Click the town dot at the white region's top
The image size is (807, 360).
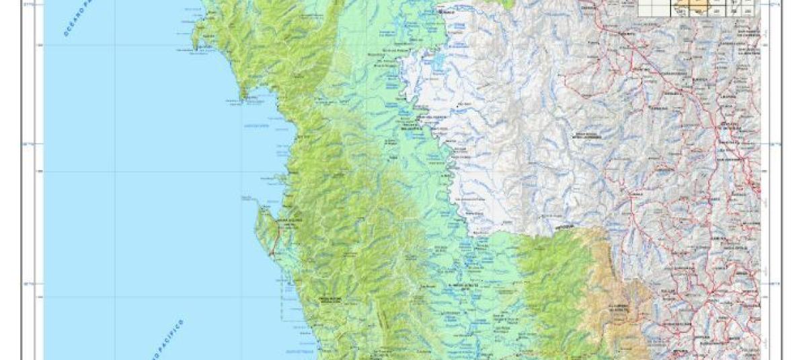pyautogui.click(x=441, y=11)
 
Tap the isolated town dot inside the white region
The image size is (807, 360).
pyautogui.click(x=459, y=104)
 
